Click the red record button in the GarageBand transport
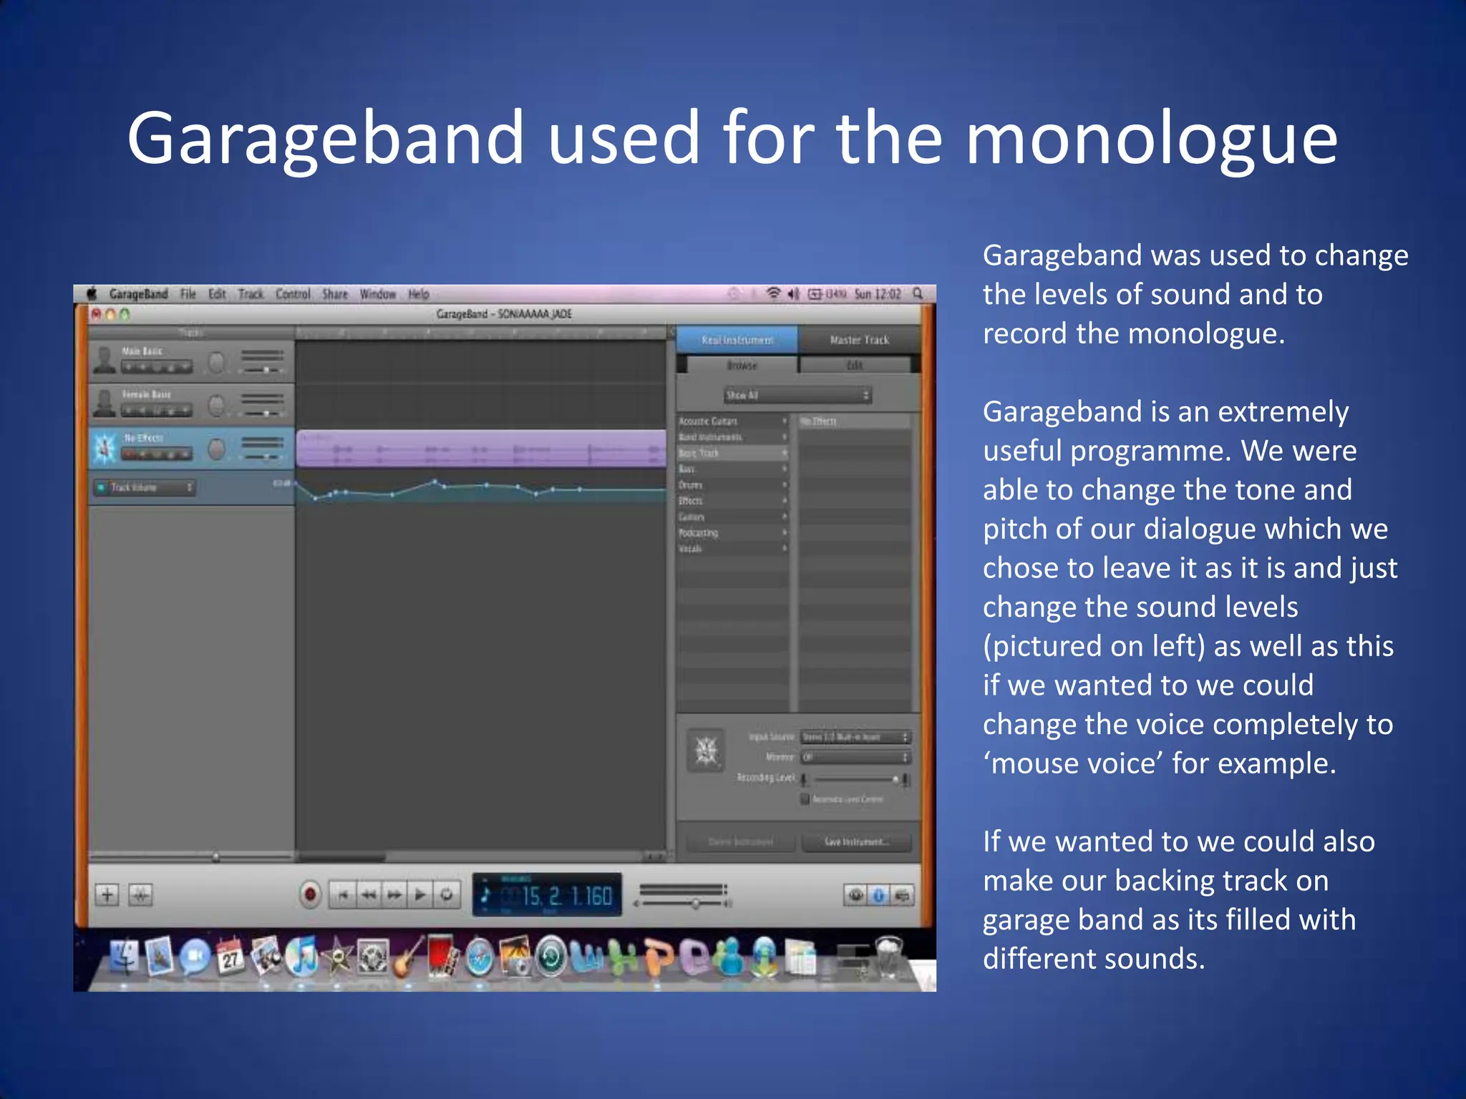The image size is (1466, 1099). pos(310,894)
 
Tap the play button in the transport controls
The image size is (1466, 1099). pos(421,894)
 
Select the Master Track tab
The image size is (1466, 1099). pos(859,340)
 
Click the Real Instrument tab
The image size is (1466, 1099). pos(737,340)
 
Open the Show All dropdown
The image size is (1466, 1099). pos(797,395)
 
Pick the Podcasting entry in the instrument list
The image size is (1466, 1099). pos(699,532)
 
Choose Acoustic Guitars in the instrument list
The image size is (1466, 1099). pos(709,421)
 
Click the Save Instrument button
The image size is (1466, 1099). pos(856,841)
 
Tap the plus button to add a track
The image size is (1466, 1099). pos(107,894)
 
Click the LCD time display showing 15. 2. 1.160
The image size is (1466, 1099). pos(548,894)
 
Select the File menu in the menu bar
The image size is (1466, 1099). pos(188,294)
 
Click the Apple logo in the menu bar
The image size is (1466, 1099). pos(92,294)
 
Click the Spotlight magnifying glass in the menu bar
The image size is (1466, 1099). pos(918,293)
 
